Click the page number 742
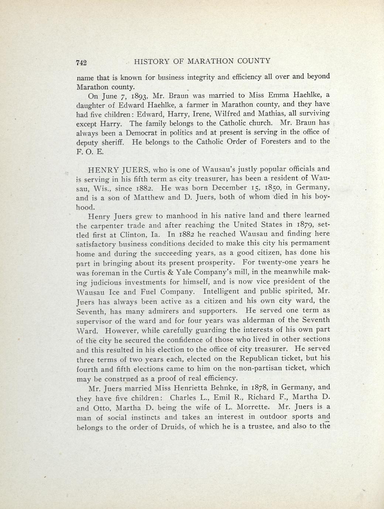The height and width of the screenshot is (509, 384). coord(81,62)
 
